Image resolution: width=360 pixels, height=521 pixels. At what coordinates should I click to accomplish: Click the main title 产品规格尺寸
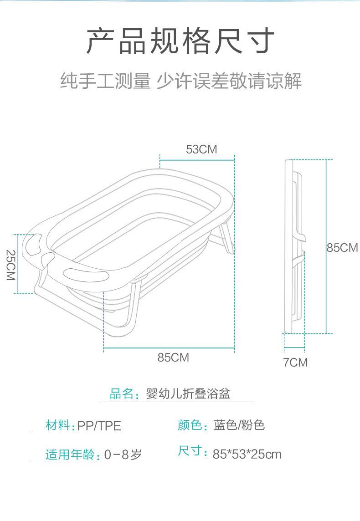[x=180, y=41]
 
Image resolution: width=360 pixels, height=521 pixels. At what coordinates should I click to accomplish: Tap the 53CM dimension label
[x=201, y=149]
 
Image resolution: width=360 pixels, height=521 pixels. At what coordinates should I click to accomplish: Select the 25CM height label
[x=11, y=265]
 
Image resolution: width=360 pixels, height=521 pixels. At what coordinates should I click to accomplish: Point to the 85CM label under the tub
[x=173, y=358]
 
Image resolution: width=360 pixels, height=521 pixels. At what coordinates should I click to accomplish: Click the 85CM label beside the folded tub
[x=342, y=248]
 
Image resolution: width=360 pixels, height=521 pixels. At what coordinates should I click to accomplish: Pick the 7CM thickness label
[x=295, y=363]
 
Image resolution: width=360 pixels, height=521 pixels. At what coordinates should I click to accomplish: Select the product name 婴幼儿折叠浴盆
[x=188, y=393]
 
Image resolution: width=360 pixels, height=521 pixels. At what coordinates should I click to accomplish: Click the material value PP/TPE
[x=99, y=426]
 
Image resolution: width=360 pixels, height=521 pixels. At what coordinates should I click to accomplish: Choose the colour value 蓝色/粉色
[x=239, y=425]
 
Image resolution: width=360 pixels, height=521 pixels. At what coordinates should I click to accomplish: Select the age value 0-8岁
[x=123, y=455]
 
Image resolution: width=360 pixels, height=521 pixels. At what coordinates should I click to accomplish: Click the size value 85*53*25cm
[x=247, y=454]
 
